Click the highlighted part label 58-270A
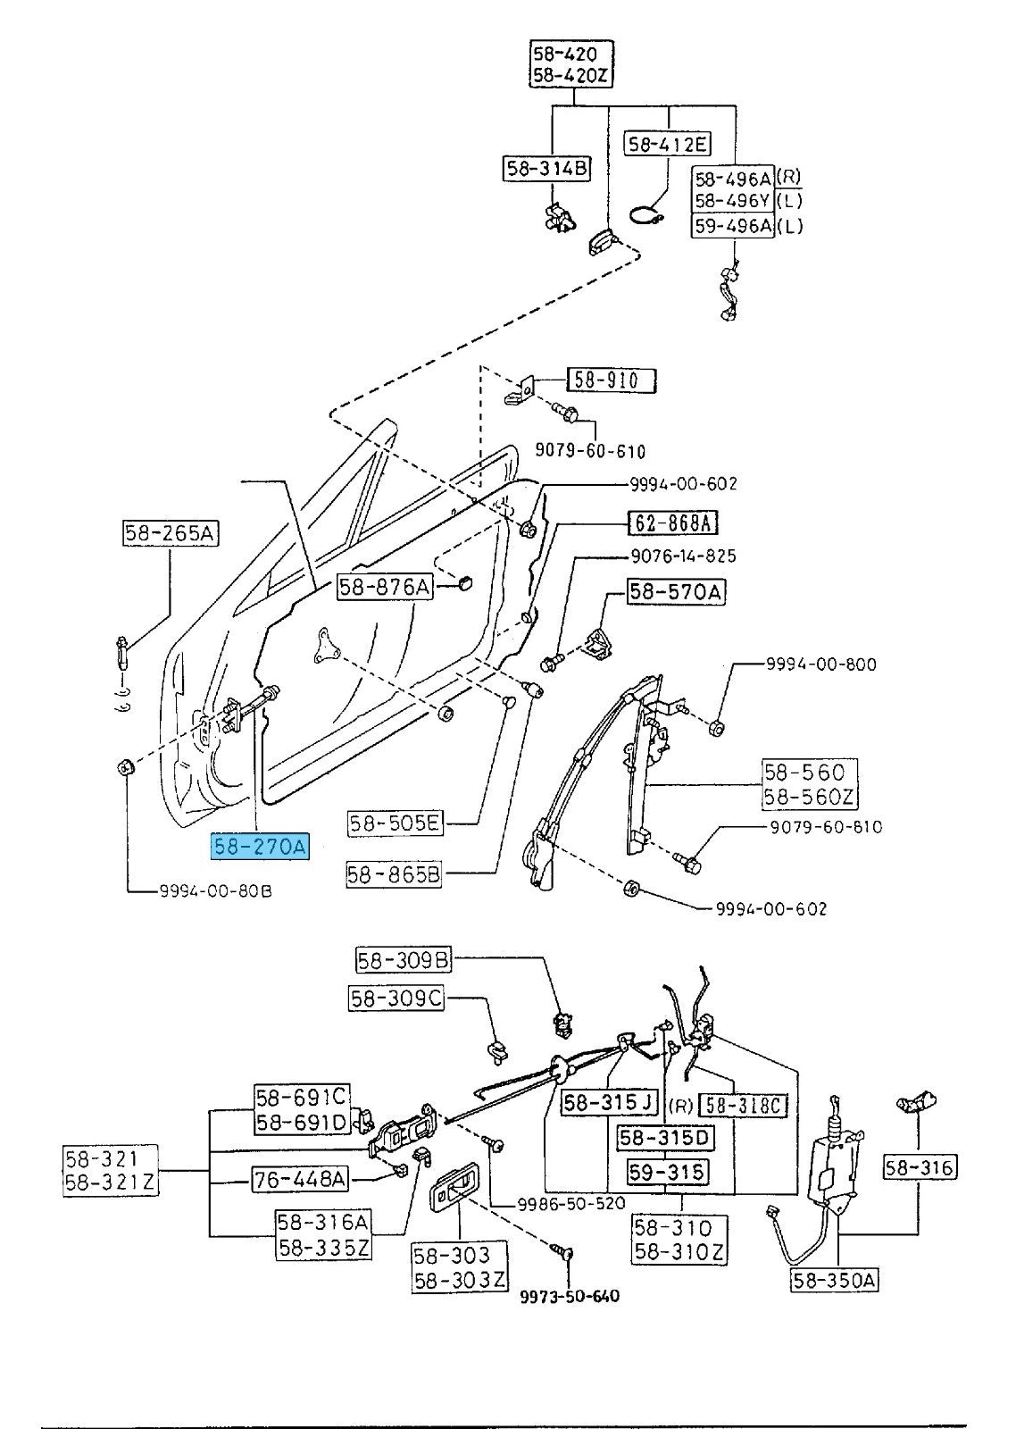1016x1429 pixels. (x=260, y=846)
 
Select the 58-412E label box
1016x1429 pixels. (x=667, y=143)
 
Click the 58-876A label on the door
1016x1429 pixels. (x=385, y=587)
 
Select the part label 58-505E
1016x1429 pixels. (x=396, y=823)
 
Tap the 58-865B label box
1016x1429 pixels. (x=394, y=875)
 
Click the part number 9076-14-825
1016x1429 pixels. (x=683, y=556)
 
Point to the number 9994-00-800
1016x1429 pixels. (x=820, y=664)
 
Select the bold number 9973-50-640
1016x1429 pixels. (x=570, y=1296)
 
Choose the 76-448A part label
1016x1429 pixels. (x=300, y=1180)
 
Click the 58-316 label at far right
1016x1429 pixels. (x=920, y=1166)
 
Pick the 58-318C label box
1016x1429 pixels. (x=743, y=1106)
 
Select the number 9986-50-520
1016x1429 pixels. (x=571, y=1203)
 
